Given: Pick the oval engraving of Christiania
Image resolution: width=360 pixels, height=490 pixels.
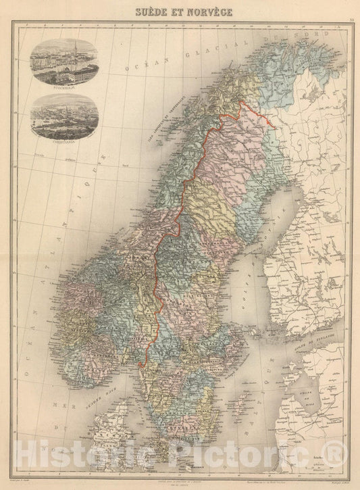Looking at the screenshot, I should (x=65, y=116).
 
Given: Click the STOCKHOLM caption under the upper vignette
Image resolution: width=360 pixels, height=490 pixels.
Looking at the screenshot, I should (x=65, y=86).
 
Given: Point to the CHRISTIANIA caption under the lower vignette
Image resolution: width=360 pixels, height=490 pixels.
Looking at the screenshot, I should (x=65, y=143).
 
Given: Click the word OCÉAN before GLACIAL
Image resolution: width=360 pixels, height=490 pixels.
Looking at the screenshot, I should (x=145, y=66).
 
